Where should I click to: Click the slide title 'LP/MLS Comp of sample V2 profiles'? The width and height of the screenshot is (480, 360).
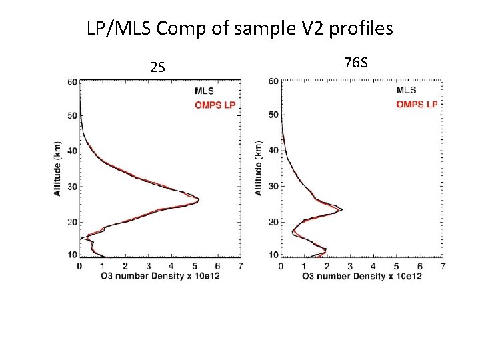pyautogui.click(x=240, y=29)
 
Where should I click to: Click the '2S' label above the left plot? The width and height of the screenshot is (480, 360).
pyautogui.click(x=158, y=67)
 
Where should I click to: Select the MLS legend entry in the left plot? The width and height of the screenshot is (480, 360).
pyautogui.click(x=205, y=91)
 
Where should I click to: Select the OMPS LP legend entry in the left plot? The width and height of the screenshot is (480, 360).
pyautogui.click(x=215, y=105)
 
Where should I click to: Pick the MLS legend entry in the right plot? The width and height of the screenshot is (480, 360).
pyautogui.click(x=406, y=90)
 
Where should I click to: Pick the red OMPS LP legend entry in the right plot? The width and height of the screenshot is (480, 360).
pyautogui.click(x=417, y=104)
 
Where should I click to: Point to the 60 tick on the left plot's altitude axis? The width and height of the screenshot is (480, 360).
pyautogui.click(x=72, y=82)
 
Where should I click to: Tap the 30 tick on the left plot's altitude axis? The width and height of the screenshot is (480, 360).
pyautogui.click(x=72, y=187)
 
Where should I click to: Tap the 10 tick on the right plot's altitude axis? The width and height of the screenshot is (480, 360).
pyautogui.click(x=273, y=255)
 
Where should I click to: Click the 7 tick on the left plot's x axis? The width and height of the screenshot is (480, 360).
pyautogui.click(x=239, y=265)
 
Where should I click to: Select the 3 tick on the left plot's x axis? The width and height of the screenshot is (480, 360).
pyautogui.click(x=148, y=265)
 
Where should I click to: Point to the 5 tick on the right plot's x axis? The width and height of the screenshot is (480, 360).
pyautogui.click(x=397, y=266)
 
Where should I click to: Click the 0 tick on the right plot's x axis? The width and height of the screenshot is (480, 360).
pyautogui.click(x=281, y=266)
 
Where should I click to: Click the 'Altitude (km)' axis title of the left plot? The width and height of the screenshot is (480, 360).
pyautogui.click(x=58, y=168)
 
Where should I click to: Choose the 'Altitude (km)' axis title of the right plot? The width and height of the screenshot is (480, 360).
pyautogui.click(x=259, y=168)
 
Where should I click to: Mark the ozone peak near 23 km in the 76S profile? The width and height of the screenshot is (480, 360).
pyautogui.click(x=341, y=210)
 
